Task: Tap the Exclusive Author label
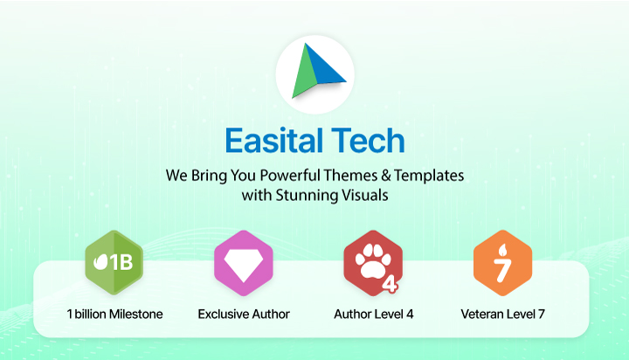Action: tap(244, 313)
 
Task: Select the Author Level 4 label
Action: tap(374, 313)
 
